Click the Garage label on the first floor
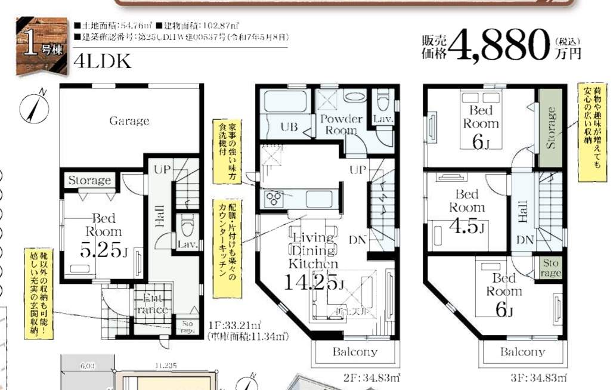click(129, 121)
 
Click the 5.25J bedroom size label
click(104, 250)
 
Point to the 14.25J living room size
click(314, 282)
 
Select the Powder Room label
click(342, 124)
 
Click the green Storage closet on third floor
click(551, 128)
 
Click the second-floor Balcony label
click(355, 351)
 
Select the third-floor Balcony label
click(522, 351)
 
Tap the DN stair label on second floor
click(358, 240)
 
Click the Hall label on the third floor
click(523, 212)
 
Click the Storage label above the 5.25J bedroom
click(89, 180)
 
